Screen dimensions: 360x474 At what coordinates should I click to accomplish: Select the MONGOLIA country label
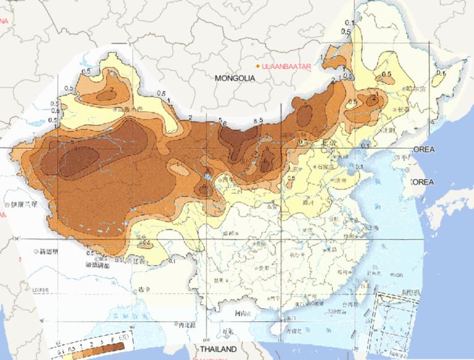click(x=235, y=78)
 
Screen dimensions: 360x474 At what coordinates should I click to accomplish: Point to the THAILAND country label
click(x=217, y=350)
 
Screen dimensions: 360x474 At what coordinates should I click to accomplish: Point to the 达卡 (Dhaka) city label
click(x=144, y=290)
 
